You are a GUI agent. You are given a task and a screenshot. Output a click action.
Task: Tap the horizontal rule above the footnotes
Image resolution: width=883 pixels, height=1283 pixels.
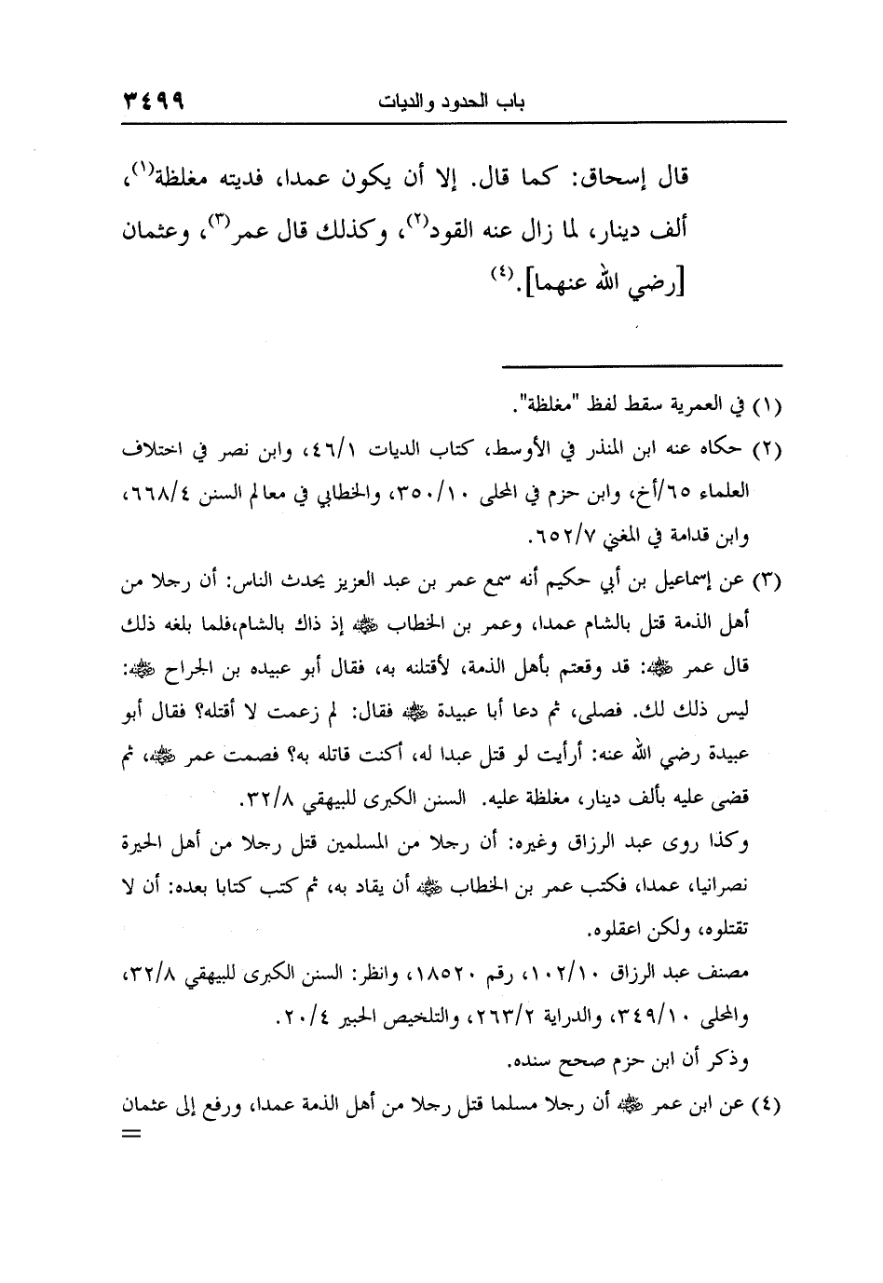[636, 364]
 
